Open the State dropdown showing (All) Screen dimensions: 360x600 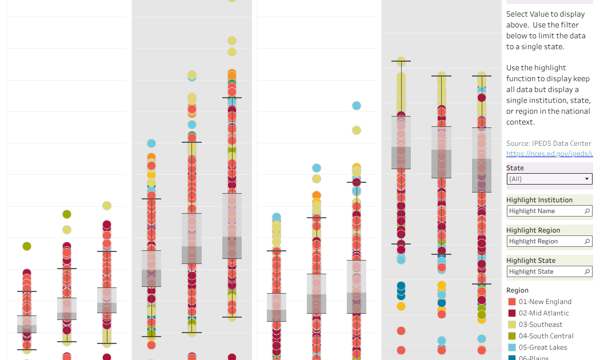pyautogui.click(x=549, y=179)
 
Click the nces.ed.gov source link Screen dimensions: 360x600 pyautogui.click(x=549, y=154)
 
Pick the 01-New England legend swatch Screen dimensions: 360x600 pyautogui.click(x=512, y=302)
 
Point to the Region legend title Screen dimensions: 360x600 pyautogui.click(x=518, y=290)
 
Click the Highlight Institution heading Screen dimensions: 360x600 pyautogui.click(x=539, y=200)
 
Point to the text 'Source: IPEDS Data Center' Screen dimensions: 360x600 pyautogui.click(x=549, y=143)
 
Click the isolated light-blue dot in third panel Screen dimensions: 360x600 pyautogui.click(x=357, y=105)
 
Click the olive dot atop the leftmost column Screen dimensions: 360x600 pyautogui.click(x=26, y=246)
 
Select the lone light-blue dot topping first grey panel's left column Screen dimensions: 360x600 pyautogui.click(x=151, y=143)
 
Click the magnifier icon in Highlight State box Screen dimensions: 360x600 pyautogui.click(x=587, y=271)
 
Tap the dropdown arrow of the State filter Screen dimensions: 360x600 pyautogui.click(x=586, y=179)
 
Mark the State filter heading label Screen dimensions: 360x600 pyautogui.click(x=515, y=168)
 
